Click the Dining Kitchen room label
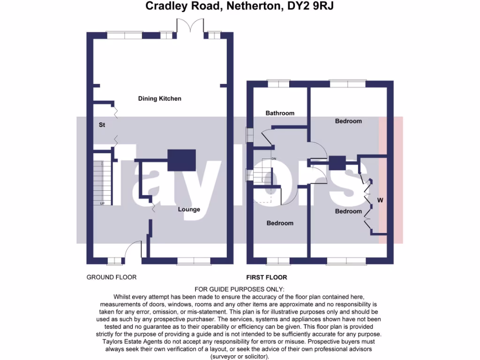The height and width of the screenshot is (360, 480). pos(159,98)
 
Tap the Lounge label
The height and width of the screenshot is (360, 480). pos(189,209)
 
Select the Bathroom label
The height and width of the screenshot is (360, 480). pos(280,113)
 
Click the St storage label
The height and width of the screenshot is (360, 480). pos(101,125)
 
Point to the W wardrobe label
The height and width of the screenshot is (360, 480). pos(381,201)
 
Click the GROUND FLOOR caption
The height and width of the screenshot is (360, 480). pos(112,277)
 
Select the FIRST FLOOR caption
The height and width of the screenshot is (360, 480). pos(267,277)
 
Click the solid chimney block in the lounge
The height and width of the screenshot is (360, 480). pos(181,160)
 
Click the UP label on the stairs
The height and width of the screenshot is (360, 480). pos(102,203)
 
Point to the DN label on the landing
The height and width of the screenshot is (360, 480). pos(274,159)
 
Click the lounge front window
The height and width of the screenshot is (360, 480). pos(192,261)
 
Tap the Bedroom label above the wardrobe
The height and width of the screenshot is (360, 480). pos(348,121)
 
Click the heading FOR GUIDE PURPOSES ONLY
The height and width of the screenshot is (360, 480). pos(239,289)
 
